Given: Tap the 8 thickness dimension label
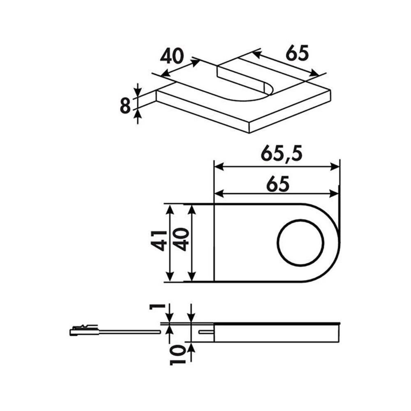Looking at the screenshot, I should pyautogui.click(x=125, y=106).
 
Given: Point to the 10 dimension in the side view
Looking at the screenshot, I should pyautogui.click(x=177, y=356).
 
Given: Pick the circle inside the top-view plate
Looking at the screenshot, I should pyautogui.click(x=300, y=243).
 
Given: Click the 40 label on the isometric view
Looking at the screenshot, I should pyautogui.click(x=171, y=56).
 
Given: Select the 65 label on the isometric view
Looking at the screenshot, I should pyautogui.click(x=297, y=54).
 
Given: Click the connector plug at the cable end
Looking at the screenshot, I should pyautogui.click(x=84, y=330).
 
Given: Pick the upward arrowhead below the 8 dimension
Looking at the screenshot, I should pyautogui.click(x=138, y=116).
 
